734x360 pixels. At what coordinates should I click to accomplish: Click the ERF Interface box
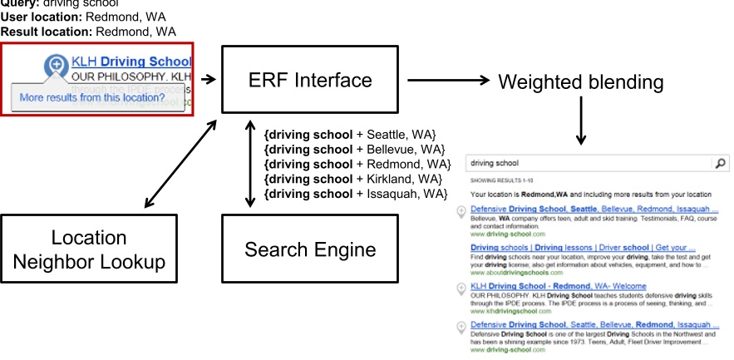(308, 80)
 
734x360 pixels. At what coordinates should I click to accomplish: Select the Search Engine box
(308, 249)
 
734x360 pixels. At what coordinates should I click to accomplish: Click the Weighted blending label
(580, 81)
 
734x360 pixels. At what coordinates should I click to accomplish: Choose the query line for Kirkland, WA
(351, 179)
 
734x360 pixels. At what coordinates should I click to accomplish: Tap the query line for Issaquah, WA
(355, 194)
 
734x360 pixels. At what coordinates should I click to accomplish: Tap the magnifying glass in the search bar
(720, 165)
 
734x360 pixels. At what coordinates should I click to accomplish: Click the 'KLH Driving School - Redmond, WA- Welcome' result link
(558, 286)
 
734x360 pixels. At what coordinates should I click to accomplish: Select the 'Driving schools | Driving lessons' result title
(582, 247)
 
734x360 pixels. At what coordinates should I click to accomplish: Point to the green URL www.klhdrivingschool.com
(510, 313)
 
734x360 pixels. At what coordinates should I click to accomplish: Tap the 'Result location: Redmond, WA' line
(88, 32)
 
